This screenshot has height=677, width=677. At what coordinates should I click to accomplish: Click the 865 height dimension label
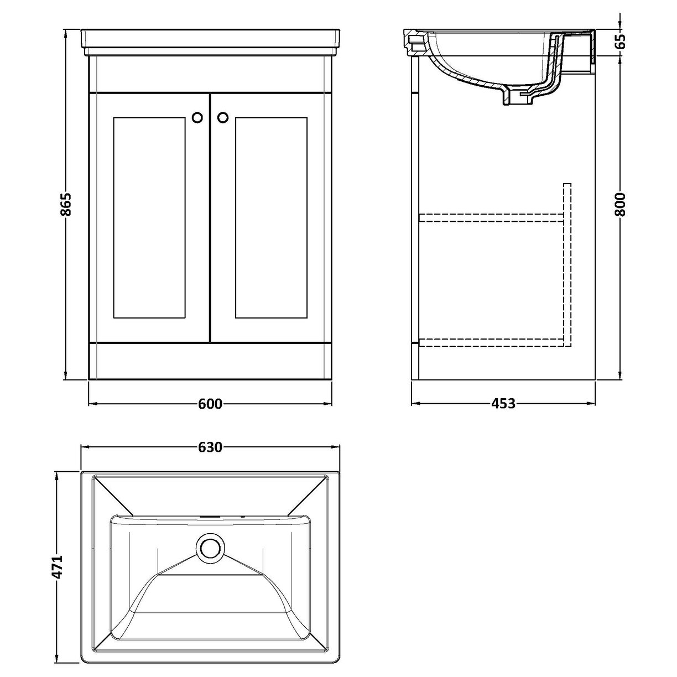pyautogui.click(x=66, y=205)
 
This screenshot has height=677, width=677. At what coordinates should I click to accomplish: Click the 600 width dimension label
pyautogui.click(x=210, y=404)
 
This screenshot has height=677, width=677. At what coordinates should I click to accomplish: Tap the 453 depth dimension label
pyautogui.click(x=503, y=404)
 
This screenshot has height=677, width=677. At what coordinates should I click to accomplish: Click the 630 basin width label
pyautogui.click(x=210, y=447)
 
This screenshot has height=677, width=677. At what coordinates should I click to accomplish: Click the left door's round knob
pyautogui.click(x=197, y=117)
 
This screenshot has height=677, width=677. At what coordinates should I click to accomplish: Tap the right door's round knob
pyautogui.click(x=223, y=117)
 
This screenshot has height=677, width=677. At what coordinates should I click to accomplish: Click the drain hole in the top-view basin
pyautogui.click(x=210, y=548)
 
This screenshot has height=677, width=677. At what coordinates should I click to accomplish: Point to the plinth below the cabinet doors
pyautogui.click(x=210, y=361)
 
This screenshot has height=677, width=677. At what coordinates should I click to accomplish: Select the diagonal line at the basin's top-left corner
pyautogui.click(x=113, y=496)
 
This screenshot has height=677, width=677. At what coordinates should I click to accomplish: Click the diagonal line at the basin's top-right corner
pyautogui.click(x=306, y=496)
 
